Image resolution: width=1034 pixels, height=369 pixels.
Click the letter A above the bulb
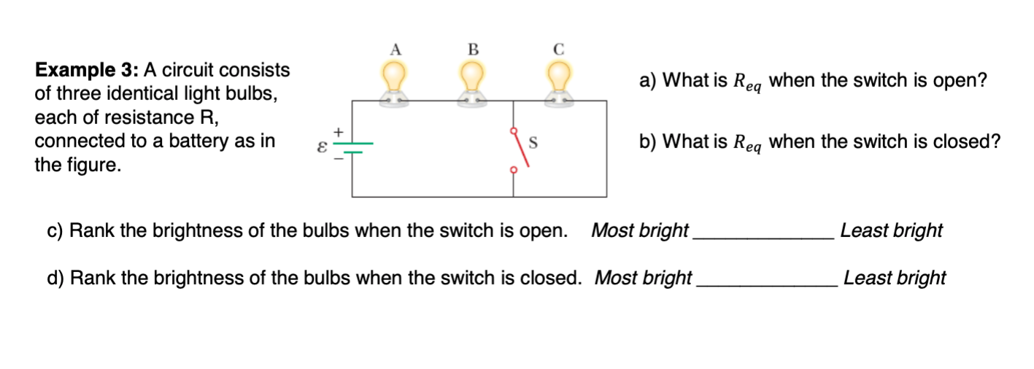click(396, 50)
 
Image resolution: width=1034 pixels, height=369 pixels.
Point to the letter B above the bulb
click(472, 50)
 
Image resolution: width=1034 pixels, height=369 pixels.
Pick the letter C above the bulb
click(559, 50)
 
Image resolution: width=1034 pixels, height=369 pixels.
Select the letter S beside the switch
click(533, 144)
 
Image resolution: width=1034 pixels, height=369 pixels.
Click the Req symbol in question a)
click(747, 82)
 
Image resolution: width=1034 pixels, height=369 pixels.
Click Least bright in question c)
click(891, 230)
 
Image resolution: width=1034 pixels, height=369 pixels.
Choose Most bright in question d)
click(643, 278)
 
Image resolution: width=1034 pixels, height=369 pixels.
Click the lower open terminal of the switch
click(513, 171)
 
